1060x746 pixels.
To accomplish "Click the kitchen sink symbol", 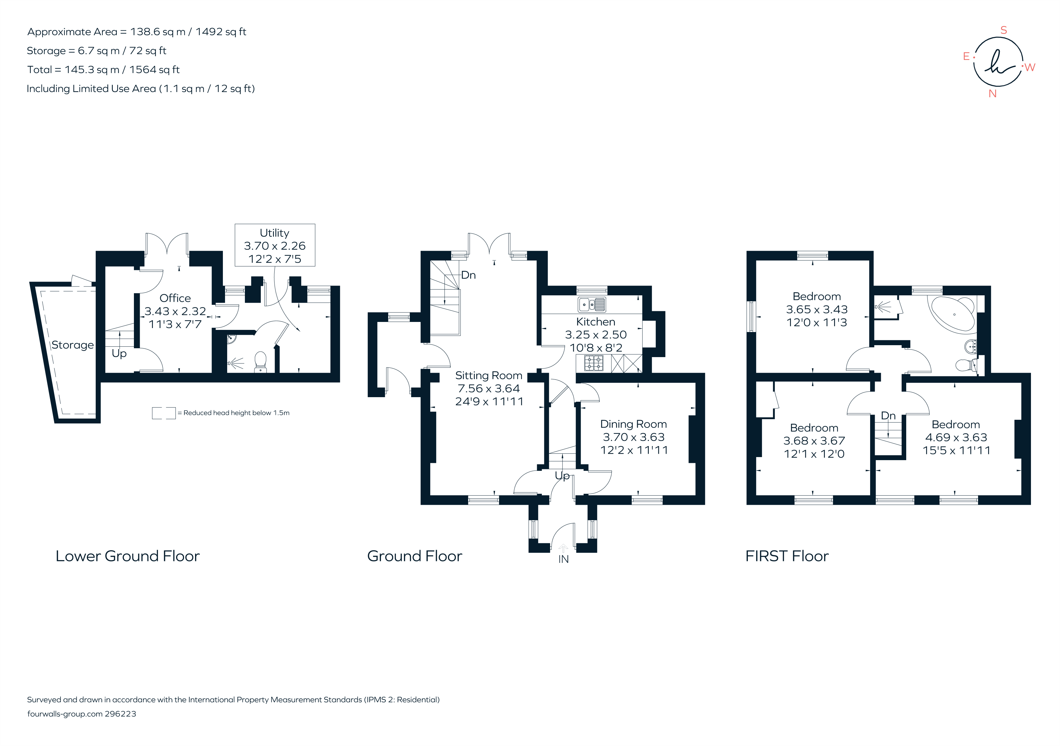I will coord(591,305).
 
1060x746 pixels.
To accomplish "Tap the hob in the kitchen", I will coord(594,363).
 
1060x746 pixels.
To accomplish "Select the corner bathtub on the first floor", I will coord(953,313).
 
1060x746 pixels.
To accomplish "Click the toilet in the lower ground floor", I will coord(261,362).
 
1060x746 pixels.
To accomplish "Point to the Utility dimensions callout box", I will coord(275,245).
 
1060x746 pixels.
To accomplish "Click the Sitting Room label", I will coord(489,376).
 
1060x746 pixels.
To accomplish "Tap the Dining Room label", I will coord(633,424).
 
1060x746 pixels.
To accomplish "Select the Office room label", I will coord(175,298).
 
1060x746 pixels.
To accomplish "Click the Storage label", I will coord(72,345).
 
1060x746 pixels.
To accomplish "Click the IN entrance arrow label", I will coord(563,559).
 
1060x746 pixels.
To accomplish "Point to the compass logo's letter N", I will coord(993,94).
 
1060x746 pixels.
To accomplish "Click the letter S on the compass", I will coord(1003,31).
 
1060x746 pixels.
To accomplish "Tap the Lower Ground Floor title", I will coord(127,556).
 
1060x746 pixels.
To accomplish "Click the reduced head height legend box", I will coord(164,413).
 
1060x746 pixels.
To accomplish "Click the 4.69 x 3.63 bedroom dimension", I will coord(956,437).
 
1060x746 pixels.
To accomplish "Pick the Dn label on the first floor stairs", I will coord(888,415).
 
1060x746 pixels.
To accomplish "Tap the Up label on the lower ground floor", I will coord(119,354).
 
